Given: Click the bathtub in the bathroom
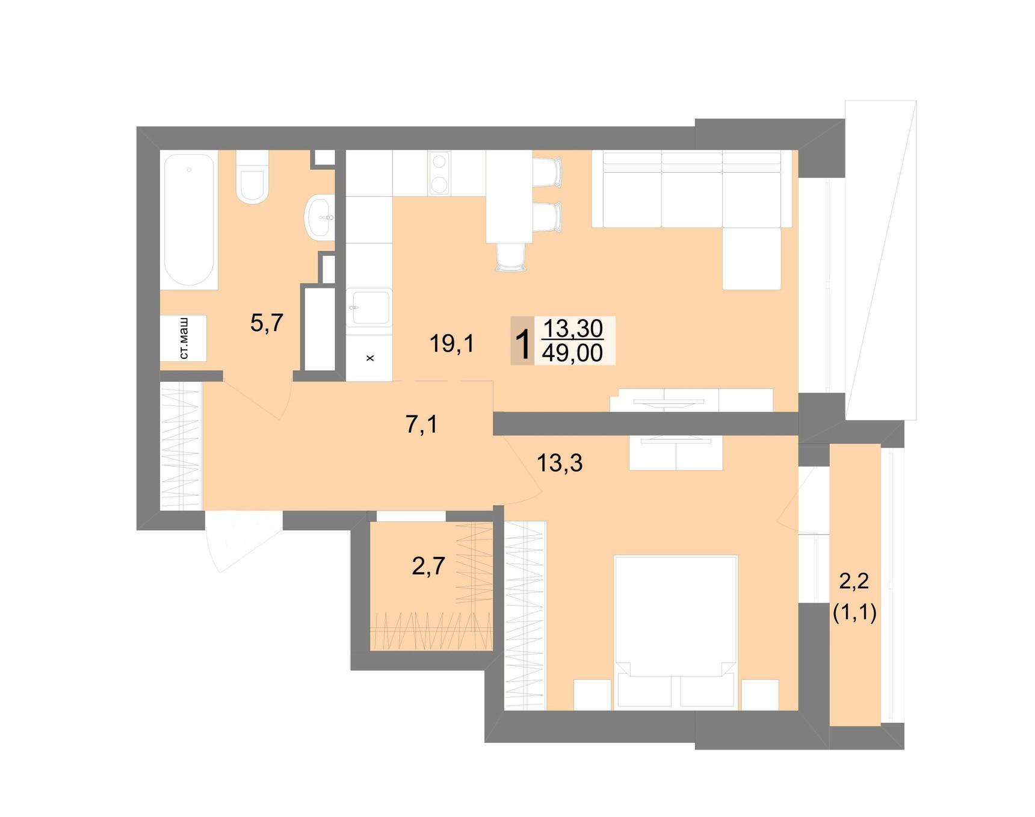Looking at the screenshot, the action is (x=190, y=220).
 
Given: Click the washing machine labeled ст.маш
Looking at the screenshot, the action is (x=184, y=338).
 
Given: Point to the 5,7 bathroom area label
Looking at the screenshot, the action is (x=267, y=323).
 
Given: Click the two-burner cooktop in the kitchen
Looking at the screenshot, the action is (x=439, y=173).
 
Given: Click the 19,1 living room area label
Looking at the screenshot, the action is (x=452, y=344).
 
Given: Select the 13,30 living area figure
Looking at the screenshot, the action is (x=573, y=328).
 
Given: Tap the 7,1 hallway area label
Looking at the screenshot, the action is (x=421, y=424).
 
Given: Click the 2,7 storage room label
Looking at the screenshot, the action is (x=428, y=566).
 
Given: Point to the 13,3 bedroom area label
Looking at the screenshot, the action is (x=560, y=463).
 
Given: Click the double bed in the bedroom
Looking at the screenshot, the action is (x=676, y=631).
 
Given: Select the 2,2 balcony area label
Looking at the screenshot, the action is (x=854, y=581).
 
